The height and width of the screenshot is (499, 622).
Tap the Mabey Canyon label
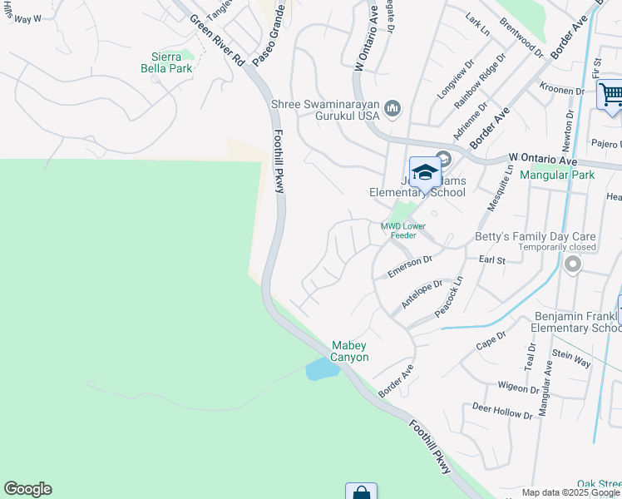pos(349,351)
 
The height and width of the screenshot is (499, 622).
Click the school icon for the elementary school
pos(425,172)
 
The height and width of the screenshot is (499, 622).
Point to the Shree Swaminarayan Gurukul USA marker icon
pos(392,108)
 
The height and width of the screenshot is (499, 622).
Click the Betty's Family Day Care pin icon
pos(572,264)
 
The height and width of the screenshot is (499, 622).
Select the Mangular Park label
pos(556,175)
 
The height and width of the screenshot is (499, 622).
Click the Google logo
pos(27,489)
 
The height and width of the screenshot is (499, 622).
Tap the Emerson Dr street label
pos(410,267)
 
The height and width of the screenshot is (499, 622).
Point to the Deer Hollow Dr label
pos(502,410)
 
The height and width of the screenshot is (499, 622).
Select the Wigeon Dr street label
pos(518,388)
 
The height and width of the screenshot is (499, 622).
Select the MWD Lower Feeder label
pos(403,230)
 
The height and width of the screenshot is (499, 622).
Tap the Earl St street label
pos(492,260)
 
